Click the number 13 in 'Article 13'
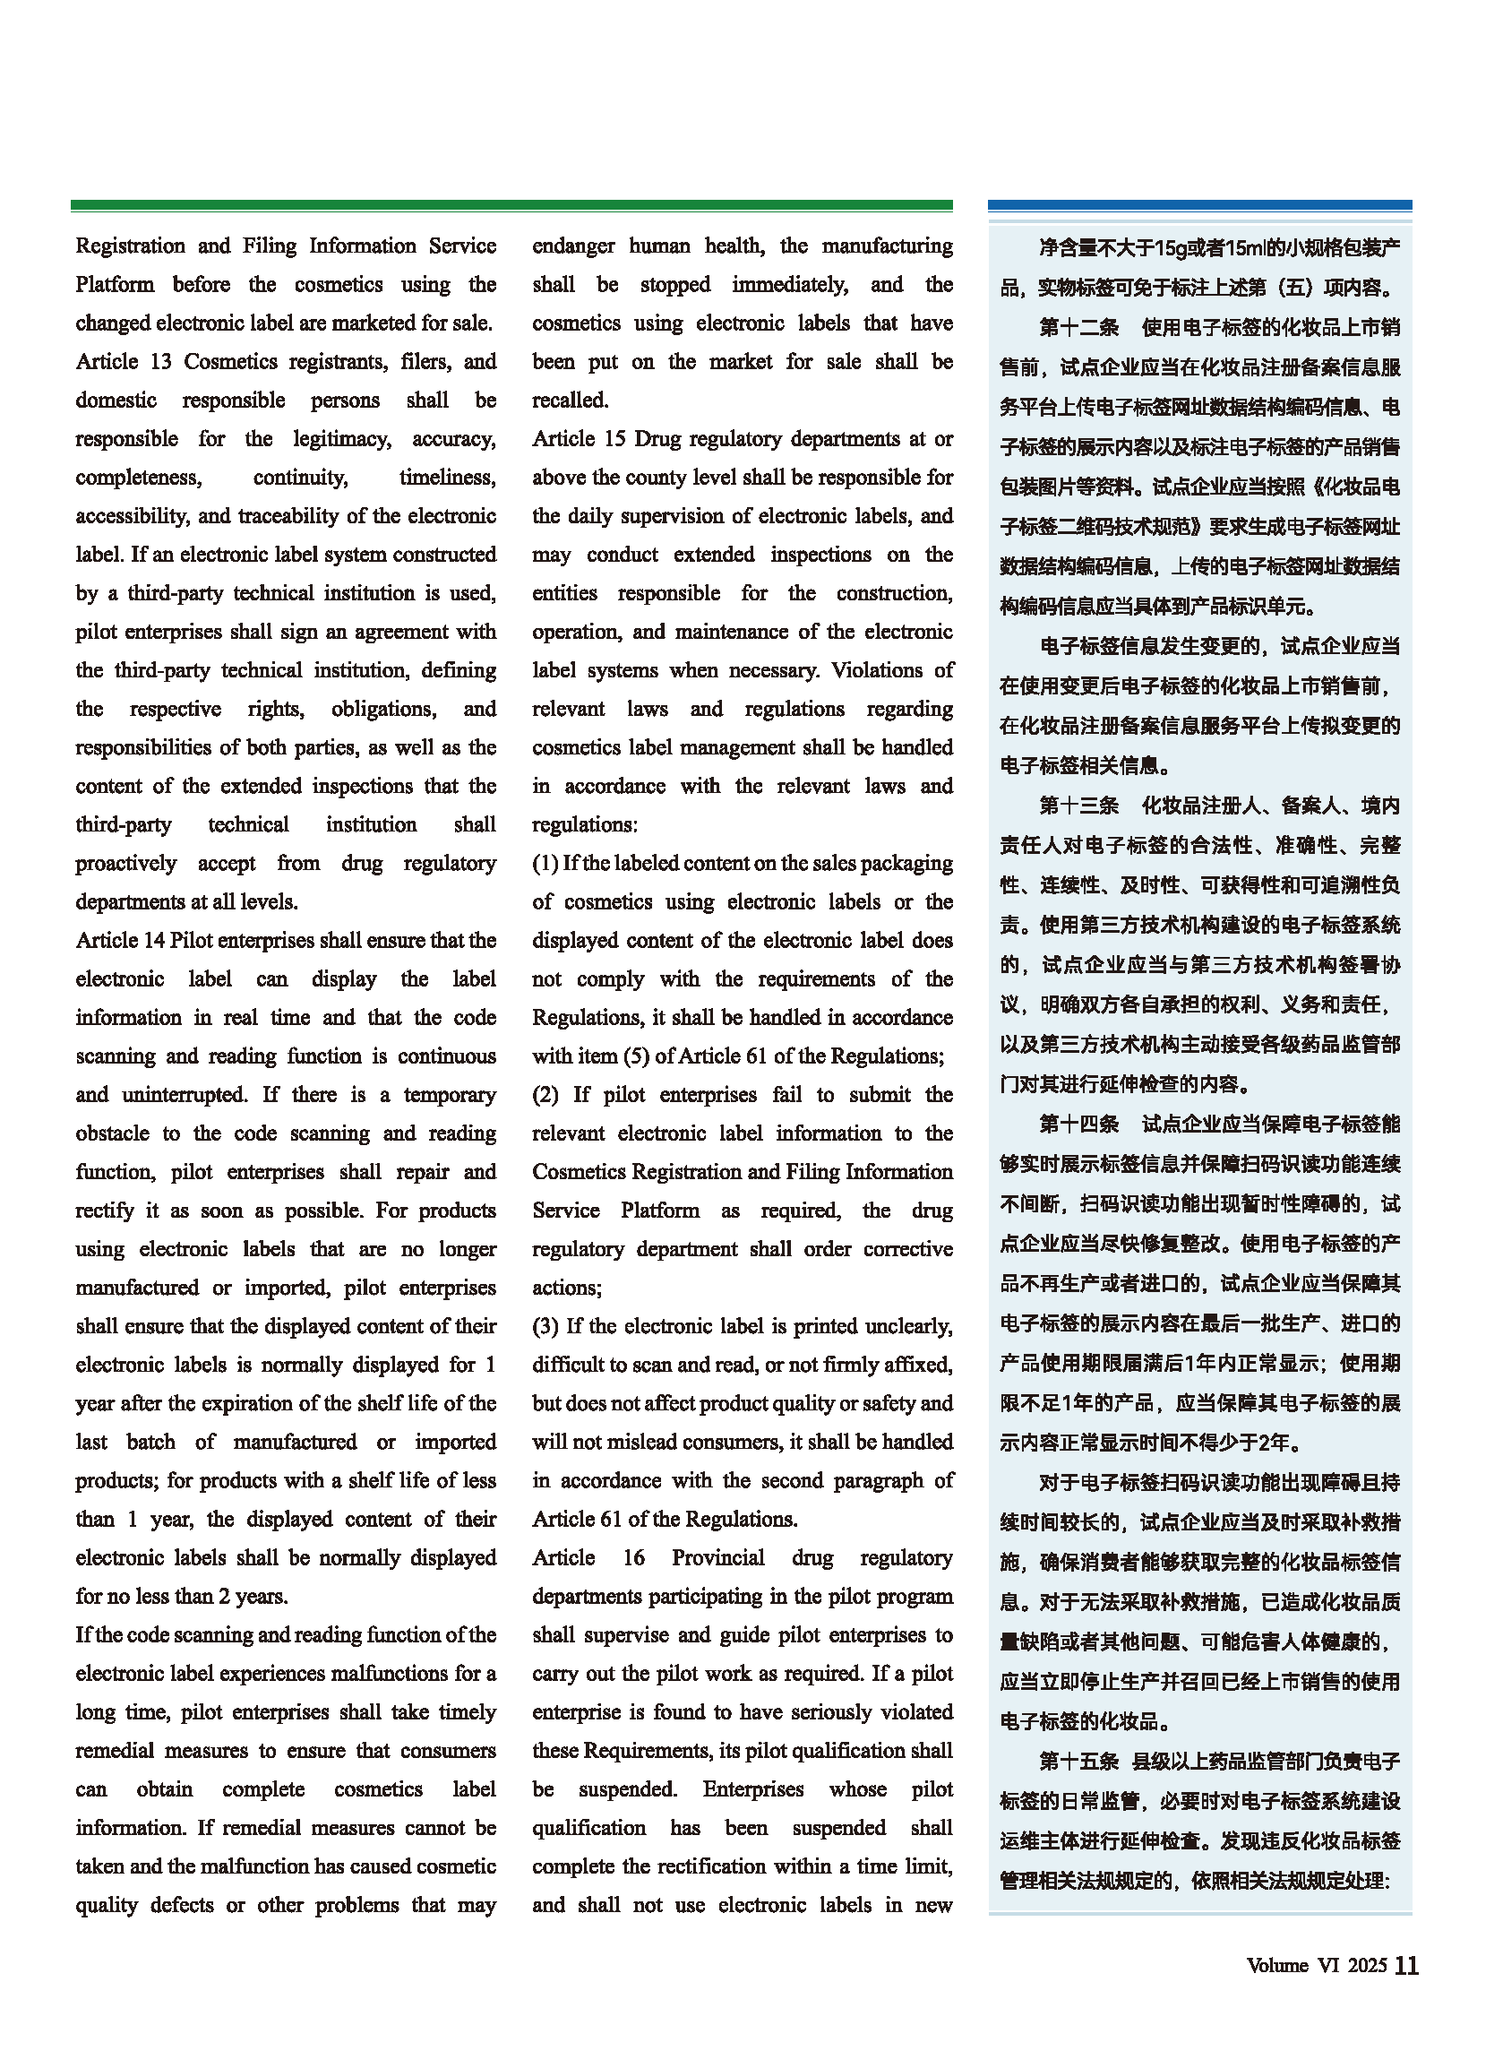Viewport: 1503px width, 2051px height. (x=160, y=362)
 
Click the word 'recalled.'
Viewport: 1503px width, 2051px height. (x=571, y=401)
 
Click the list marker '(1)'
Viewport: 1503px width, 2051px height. (x=545, y=864)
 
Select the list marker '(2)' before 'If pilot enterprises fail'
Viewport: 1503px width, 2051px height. (x=545, y=1096)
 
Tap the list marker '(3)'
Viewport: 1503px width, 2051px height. (x=545, y=1327)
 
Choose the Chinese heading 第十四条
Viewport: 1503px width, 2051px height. (x=1078, y=1125)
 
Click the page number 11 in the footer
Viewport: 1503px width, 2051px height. (x=1405, y=1968)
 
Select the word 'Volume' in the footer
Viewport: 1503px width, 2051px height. (x=1277, y=1968)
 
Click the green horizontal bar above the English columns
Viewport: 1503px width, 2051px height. (x=511, y=206)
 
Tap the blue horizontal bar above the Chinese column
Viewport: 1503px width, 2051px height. (x=1199, y=206)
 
